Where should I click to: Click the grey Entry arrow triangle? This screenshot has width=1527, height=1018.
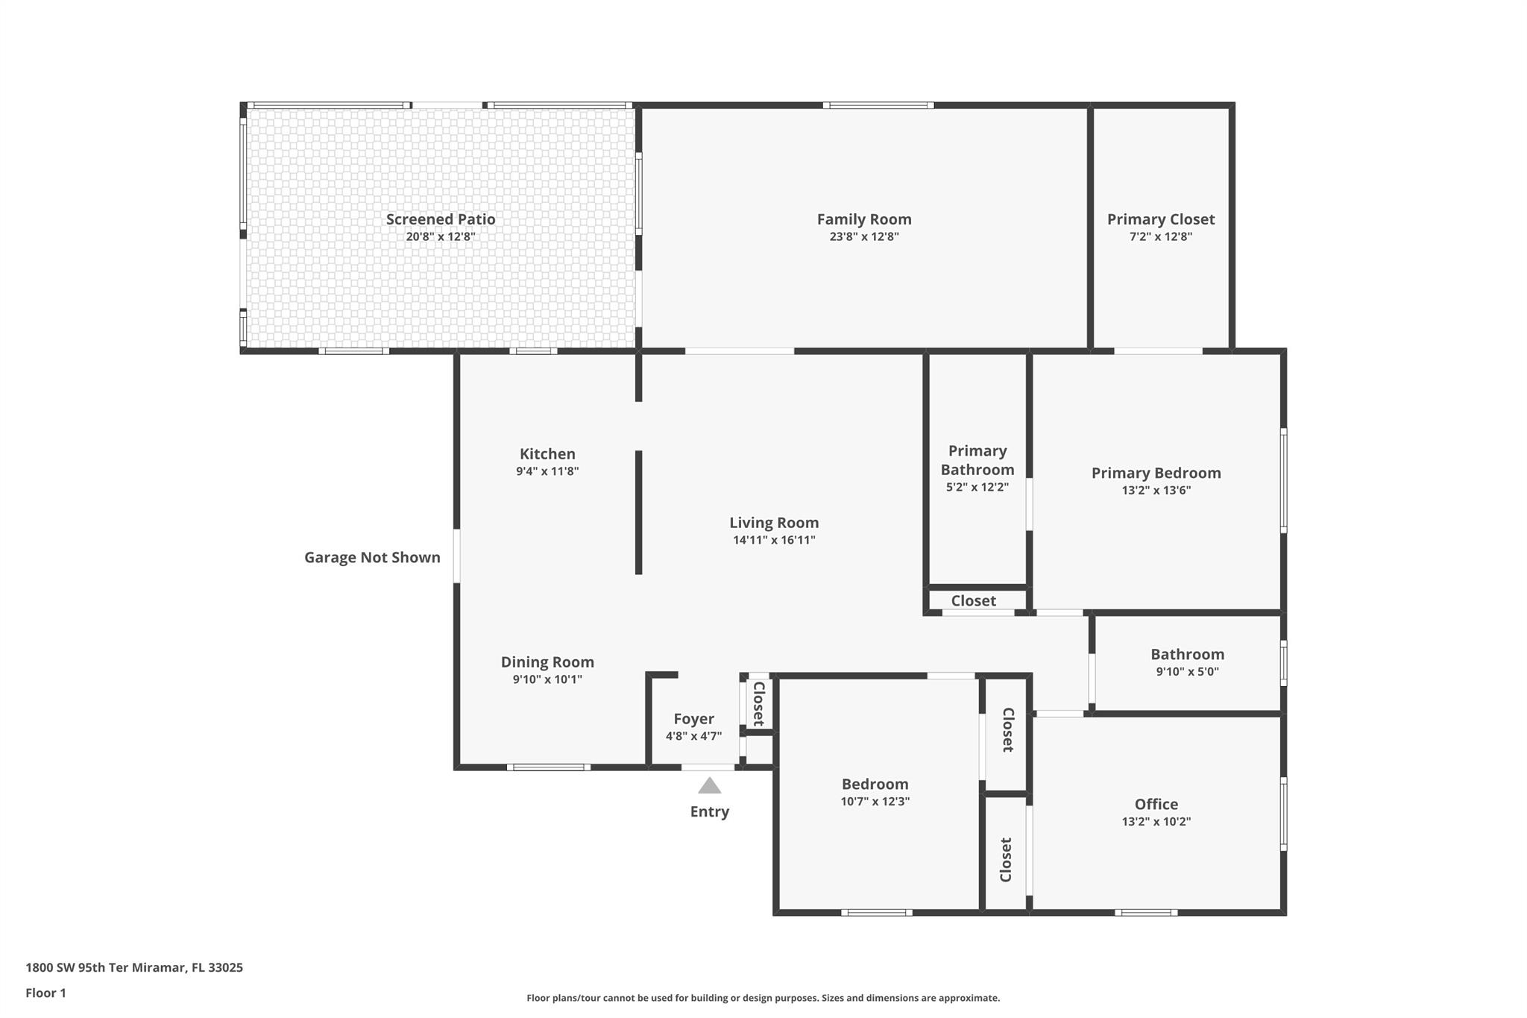[x=709, y=785]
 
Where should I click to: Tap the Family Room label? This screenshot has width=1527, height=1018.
[x=864, y=219]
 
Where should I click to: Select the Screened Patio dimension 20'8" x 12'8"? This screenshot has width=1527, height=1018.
[x=441, y=237]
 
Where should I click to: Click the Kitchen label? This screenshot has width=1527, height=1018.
[x=547, y=453]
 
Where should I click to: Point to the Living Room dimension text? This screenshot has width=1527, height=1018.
[x=774, y=540]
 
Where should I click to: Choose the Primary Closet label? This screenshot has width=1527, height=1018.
[x=1161, y=219]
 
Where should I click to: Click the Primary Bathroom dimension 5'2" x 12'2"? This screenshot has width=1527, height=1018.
[x=977, y=487]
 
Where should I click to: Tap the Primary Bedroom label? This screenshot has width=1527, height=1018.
[x=1156, y=473]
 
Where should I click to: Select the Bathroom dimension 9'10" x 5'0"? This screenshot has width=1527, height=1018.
[x=1188, y=671]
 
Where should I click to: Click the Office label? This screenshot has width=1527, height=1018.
[x=1156, y=804]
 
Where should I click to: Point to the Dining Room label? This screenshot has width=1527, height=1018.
[x=547, y=662]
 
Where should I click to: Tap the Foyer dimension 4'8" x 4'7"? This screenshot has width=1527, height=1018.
[x=694, y=736]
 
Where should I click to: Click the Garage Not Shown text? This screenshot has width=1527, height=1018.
[x=372, y=557]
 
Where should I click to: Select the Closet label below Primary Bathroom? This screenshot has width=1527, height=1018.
[x=974, y=600]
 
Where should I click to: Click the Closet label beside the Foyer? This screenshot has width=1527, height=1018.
[x=759, y=703]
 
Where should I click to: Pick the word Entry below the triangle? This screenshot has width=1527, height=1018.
[x=710, y=811]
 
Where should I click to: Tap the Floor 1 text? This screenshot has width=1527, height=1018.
[x=45, y=993]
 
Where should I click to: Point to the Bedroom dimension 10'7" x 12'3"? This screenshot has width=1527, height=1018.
[x=875, y=802]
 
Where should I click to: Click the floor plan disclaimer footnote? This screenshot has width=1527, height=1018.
[x=763, y=998]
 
